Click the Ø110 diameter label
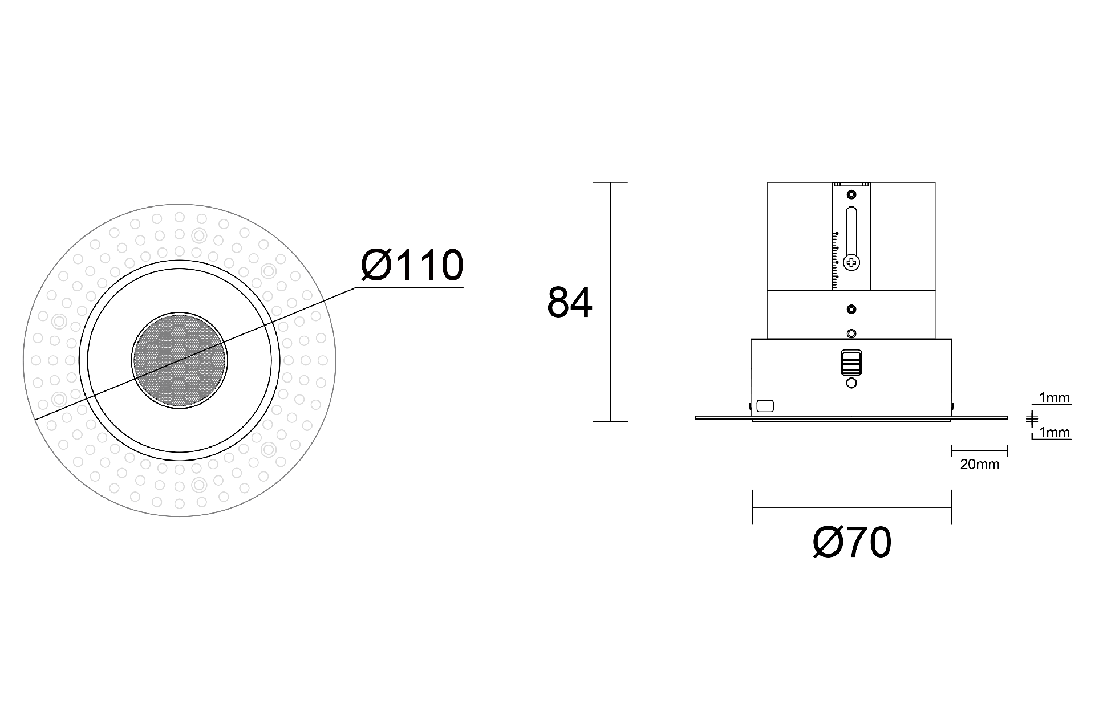(412, 266)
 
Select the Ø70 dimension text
(851, 543)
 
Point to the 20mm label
(979, 465)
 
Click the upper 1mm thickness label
(1054, 398)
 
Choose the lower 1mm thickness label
(1054, 433)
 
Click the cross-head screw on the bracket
(851, 263)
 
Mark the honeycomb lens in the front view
(179, 361)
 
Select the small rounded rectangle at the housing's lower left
(765, 406)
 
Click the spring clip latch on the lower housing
(851, 362)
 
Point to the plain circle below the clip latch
(851, 384)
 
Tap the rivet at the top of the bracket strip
(851, 195)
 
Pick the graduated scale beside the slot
(836, 260)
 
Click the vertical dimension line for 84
(610, 302)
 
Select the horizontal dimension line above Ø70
(851, 507)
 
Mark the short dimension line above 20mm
(979, 451)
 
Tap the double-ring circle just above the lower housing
(851, 333)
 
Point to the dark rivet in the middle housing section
(851, 310)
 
